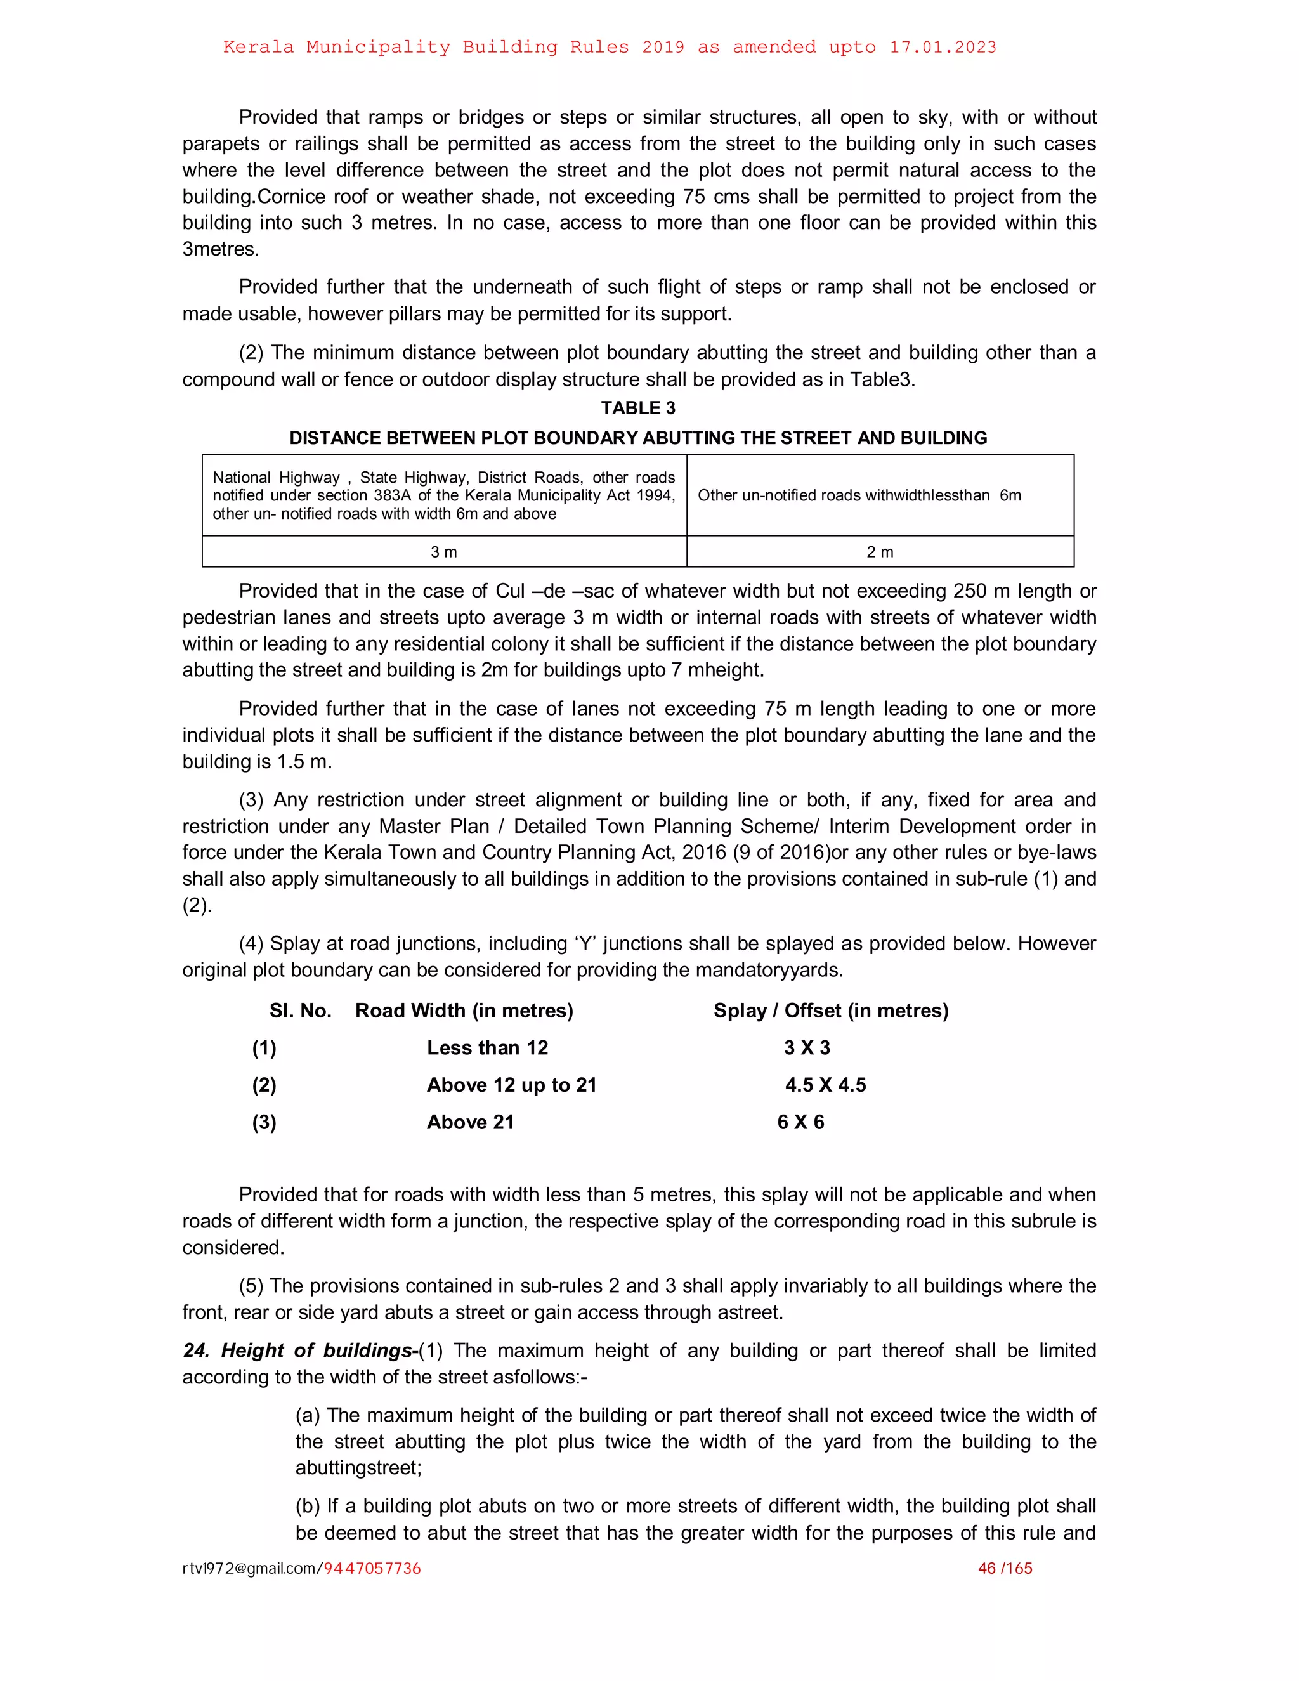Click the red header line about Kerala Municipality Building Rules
610,47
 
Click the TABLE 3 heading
638,408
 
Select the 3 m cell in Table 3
444,552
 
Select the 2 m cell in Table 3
880,552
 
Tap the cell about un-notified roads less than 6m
859,495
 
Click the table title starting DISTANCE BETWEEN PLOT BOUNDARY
638,438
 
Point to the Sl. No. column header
300,1011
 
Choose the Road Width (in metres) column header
464,1011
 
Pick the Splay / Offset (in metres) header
830,1011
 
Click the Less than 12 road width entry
487,1047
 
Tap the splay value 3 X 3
807,1047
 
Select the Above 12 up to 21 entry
512,1085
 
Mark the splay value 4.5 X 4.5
825,1085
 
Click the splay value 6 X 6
800,1122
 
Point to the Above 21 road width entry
470,1122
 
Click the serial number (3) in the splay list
264,1122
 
